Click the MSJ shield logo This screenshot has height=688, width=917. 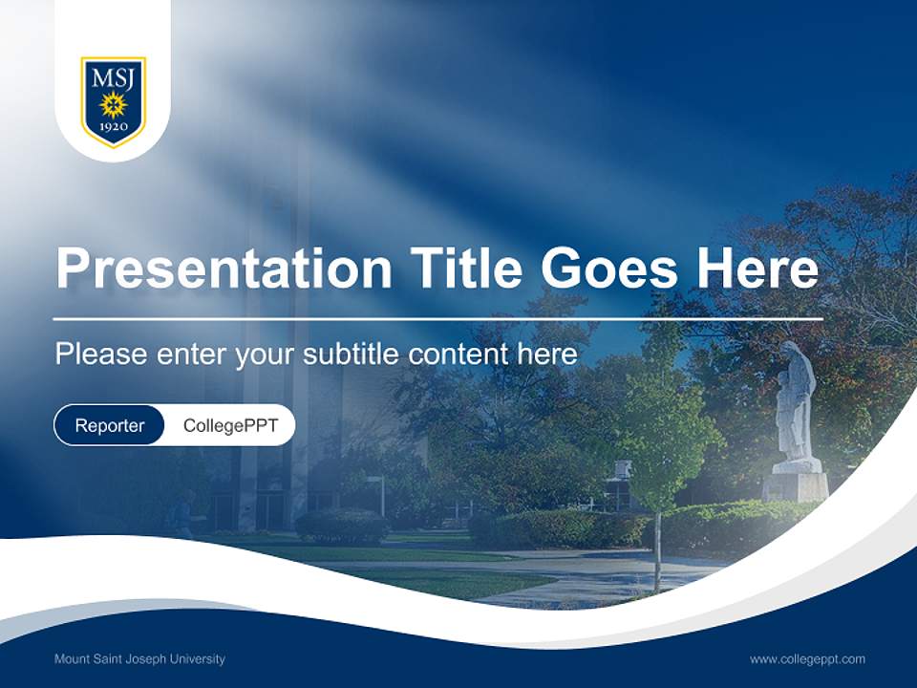pyautogui.click(x=113, y=101)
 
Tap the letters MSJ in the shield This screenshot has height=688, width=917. pyautogui.click(x=113, y=77)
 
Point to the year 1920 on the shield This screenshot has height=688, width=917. pyautogui.click(x=113, y=127)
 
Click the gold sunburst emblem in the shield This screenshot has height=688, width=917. pyautogui.click(x=113, y=103)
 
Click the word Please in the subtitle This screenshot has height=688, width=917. pyautogui.click(x=100, y=355)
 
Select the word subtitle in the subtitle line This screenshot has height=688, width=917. pyautogui.click(x=353, y=355)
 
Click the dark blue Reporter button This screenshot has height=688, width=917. pyautogui.click(x=110, y=425)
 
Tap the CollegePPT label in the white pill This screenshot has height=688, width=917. pyautogui.click(x=230, y=425)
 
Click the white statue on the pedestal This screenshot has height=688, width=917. pyautogui.click(x=795, y=401)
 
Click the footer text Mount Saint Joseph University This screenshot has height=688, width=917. pyautogui.click(x=139, y=659)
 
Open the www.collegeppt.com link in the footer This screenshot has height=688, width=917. pyautogui.click(x=807, y=659)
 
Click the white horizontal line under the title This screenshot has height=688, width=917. pyautogui.click(x=437, y=318)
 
